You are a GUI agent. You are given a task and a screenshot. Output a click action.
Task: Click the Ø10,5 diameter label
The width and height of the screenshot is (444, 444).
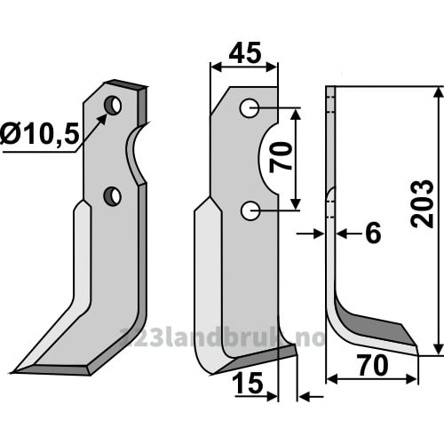tap(40, 134)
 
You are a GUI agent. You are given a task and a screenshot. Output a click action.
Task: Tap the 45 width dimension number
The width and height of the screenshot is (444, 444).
tap(245, 52)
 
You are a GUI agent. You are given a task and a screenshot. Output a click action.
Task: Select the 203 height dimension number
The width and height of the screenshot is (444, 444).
tap(423, 203)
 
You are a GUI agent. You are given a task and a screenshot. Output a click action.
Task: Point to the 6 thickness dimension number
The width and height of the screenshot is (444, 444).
tap(373, 233)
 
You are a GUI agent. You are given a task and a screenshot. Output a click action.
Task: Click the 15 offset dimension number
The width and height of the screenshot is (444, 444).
tap(248, 383)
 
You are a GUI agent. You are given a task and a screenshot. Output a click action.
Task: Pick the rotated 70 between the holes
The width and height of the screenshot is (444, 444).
tap(281, 157)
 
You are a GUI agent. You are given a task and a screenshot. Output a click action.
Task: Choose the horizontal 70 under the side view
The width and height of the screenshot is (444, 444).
tap(373, 365)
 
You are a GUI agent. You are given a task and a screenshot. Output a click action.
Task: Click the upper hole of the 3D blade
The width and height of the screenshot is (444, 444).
tap(113, 106)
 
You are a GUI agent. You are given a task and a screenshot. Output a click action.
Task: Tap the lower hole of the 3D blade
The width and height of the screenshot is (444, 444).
tap(113, 196)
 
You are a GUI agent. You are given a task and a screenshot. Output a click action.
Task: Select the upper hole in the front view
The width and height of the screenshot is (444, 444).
tap(250, 108)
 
